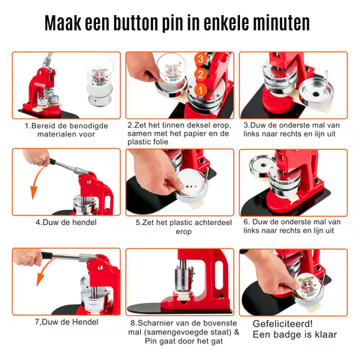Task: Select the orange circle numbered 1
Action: point(199,91)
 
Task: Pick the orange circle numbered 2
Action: point(199,75)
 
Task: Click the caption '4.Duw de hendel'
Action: point(65,222)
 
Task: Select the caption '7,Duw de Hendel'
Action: point(65,322)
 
